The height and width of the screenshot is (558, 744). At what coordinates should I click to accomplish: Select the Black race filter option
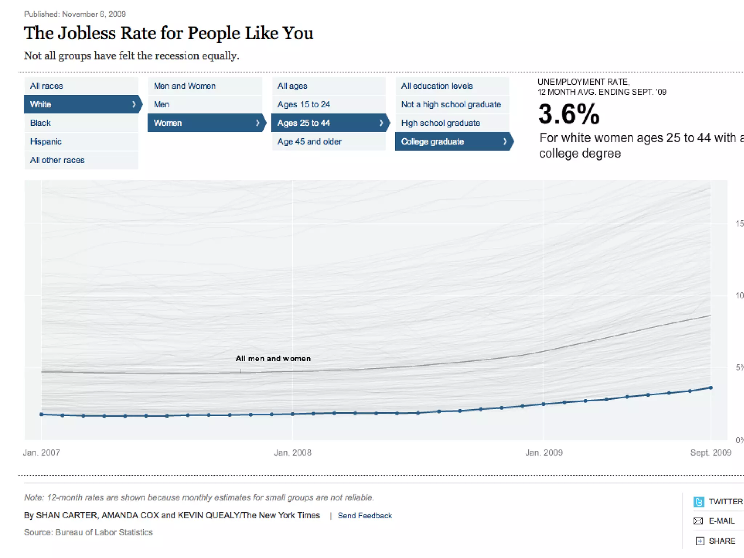coord(40,123)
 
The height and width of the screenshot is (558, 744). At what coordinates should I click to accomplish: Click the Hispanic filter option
coord(46,141)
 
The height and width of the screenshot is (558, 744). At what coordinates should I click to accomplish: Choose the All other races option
coord(57,160)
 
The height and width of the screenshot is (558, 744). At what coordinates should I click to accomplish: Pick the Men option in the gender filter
coord(161,104)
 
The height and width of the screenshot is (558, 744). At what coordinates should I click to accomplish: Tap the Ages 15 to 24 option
coord(303,104)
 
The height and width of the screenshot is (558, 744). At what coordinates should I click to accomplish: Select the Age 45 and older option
coord(309,141)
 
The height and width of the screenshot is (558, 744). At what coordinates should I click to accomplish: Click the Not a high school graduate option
coord(451,104)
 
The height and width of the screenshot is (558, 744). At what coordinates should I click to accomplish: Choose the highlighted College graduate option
coord(432,141)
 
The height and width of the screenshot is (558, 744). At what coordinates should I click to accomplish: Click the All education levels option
coord(437,86)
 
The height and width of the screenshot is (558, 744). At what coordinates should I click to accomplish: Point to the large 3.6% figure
coord(569,114)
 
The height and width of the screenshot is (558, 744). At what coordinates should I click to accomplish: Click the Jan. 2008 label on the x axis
coord(292,453)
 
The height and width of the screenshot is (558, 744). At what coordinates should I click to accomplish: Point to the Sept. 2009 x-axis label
coord(710,453)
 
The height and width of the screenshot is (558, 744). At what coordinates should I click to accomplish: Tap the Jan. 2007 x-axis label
coord(41,453)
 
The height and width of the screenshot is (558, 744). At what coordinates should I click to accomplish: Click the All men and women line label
coord(273,358)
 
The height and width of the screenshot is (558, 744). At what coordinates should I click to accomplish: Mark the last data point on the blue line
coord(711,388)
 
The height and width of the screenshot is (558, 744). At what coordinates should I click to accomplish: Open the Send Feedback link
coord(365,515)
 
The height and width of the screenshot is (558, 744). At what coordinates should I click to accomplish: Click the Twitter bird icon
coord(699,502)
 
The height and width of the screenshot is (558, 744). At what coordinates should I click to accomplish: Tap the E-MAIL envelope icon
coord(698,521)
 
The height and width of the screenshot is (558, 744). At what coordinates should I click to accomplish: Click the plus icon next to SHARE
coord(700,541)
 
